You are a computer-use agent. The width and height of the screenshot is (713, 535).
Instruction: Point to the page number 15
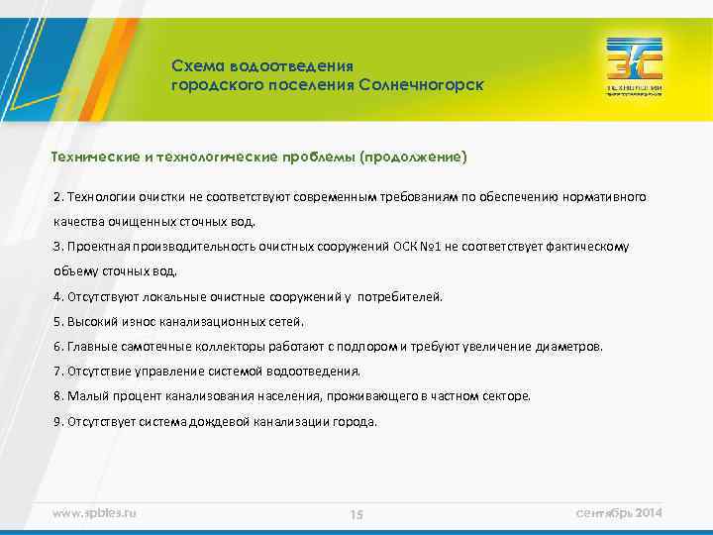click(x=356, y=514)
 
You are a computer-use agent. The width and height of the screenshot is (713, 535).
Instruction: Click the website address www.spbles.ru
click(x=94, y=512)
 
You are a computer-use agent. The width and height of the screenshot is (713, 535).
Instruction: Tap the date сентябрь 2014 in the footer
click(x=619, y=512)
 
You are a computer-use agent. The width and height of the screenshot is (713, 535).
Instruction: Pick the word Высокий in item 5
click(x=90, y=322)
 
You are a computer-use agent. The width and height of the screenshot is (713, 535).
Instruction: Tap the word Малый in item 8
click(x=85, y=396)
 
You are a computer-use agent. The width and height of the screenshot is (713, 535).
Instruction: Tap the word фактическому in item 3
click(x=585, y=246)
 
